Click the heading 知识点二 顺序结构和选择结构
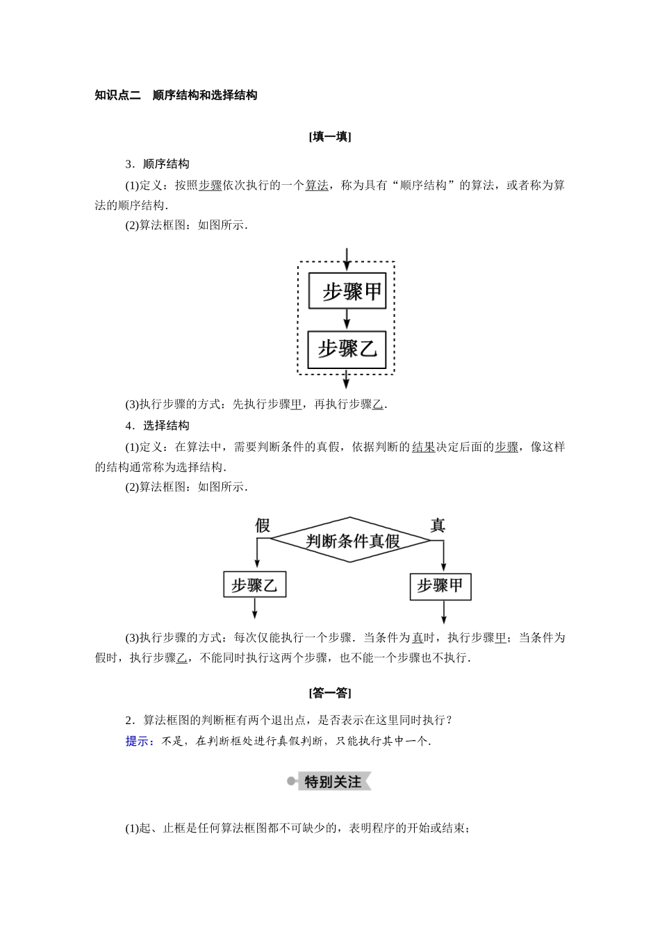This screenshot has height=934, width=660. [176, 95]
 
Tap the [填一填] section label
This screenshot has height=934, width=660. [330, 137]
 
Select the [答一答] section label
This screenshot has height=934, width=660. [330, 693]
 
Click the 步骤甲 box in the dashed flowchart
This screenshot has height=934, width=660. [347, 290]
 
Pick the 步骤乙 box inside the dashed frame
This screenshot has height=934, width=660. [347, 349]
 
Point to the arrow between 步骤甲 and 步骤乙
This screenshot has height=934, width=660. [347, 319]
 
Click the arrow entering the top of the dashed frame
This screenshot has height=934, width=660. [347, 257]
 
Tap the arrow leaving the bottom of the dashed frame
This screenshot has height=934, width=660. [347, 379]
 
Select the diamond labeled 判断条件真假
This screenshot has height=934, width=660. [351, 540]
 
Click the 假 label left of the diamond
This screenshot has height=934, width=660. [263, 525]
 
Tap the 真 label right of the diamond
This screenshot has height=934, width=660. [438, 525]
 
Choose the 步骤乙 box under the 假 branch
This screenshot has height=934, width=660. [254, 585]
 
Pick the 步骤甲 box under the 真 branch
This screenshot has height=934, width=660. [440, 586]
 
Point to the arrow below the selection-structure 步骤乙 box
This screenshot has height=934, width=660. [255, 608]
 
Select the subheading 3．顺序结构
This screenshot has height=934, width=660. [157, 164]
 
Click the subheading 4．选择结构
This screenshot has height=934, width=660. [157, 425]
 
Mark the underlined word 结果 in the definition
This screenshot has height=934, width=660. [423, 447]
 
